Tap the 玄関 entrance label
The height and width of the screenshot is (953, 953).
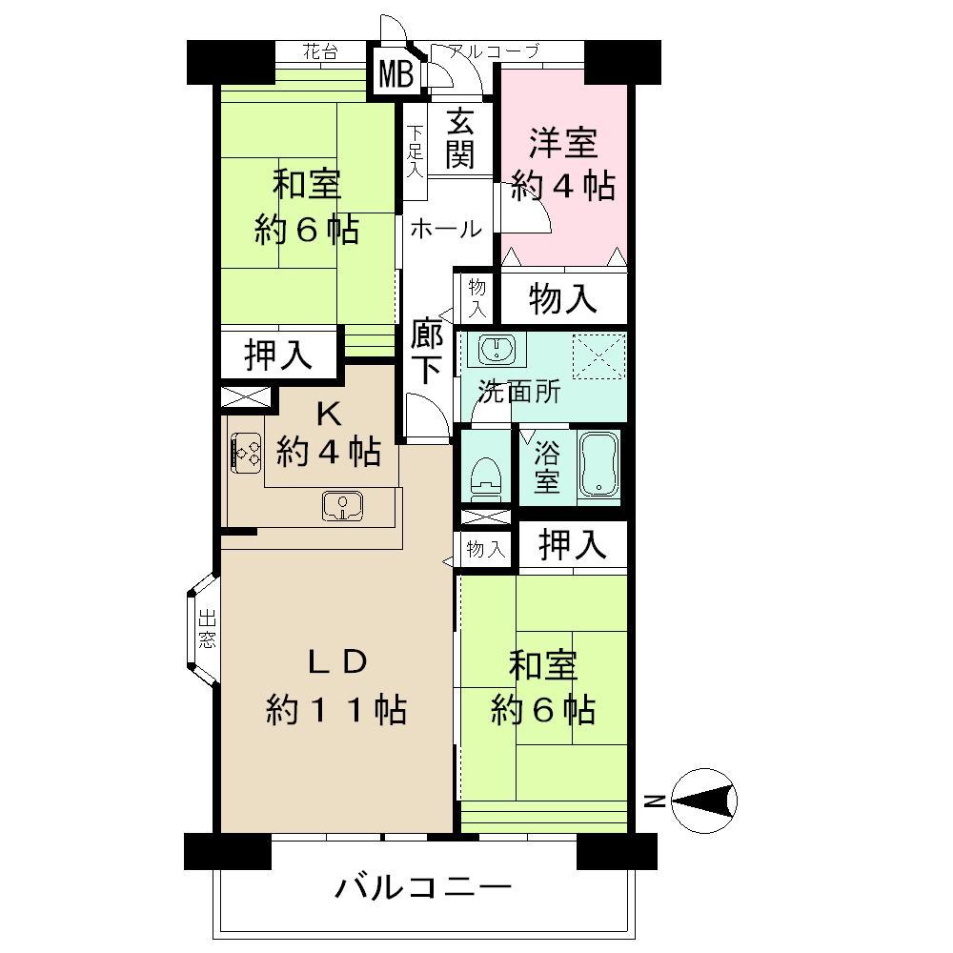pyautogui.click(x=459, y=138)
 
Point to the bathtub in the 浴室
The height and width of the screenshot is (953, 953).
pyautogui.click(x=599, y=466)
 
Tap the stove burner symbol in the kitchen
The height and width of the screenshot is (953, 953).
pyautogui.click(x=249, y=451)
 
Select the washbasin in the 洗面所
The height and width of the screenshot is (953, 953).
pyautogui.click(x=496, y=350)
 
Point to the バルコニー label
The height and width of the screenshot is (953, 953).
pyautogui.click(x=423, y=889)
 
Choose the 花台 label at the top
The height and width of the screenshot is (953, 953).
pyautogui.click(x=320, y=52)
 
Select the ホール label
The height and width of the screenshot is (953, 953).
pyautogui.click(x=446, y=229)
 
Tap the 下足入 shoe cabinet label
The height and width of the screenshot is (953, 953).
pyautogui.click(x=415, y=152)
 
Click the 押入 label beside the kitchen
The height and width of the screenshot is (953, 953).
pyautogui.click(x=278, y=355)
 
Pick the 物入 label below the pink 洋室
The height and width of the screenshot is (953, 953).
pyautogui.click(x=563, y=299)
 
